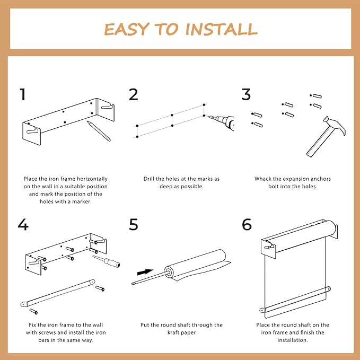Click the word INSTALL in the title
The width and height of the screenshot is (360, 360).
click(221, 29)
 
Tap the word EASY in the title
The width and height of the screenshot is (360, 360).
click(125, 29)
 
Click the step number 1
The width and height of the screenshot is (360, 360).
click(22, 95)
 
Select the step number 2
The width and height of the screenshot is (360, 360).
click(134, 95)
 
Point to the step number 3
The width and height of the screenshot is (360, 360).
click(246, 95)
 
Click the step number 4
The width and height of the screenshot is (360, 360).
click(23, 224)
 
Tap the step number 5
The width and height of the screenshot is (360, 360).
click(134, 224)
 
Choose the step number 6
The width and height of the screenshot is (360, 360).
click(247, 224)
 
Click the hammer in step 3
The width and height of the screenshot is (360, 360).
click(324, 136)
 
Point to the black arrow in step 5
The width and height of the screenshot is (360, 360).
click(145, 271)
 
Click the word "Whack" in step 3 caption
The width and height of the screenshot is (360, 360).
click(264, 179)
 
